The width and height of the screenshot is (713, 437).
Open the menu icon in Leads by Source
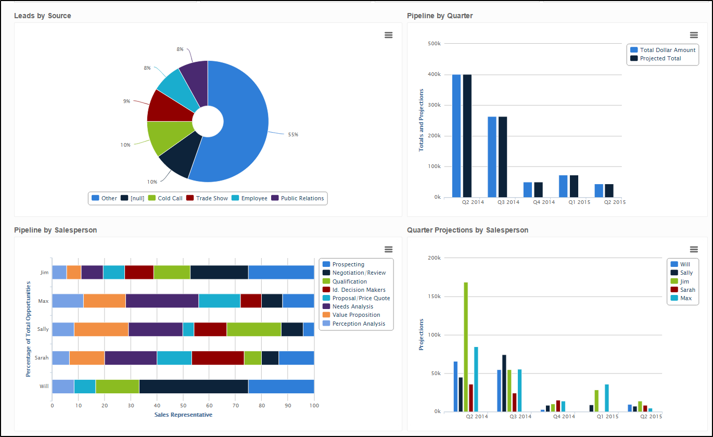pos(388,35)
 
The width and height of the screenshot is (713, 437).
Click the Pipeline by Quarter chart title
pos(440,16)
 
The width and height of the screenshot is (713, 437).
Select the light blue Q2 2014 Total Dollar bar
pos(456,136)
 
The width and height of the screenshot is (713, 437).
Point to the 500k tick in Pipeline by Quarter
pos(434,44)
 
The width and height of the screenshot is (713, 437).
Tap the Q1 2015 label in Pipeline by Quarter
pos(579,202)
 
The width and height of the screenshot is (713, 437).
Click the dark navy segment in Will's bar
pos(194,387)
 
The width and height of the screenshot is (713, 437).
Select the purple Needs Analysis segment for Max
pos(162,301)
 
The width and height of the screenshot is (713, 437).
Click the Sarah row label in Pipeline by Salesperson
pos(42,358)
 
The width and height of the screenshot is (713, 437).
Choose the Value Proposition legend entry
pos(356,315)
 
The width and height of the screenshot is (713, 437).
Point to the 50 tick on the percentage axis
pos(183,405)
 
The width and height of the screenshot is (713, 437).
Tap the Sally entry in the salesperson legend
pos(686,273)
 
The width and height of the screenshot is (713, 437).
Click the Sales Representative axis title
pos(183,415)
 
